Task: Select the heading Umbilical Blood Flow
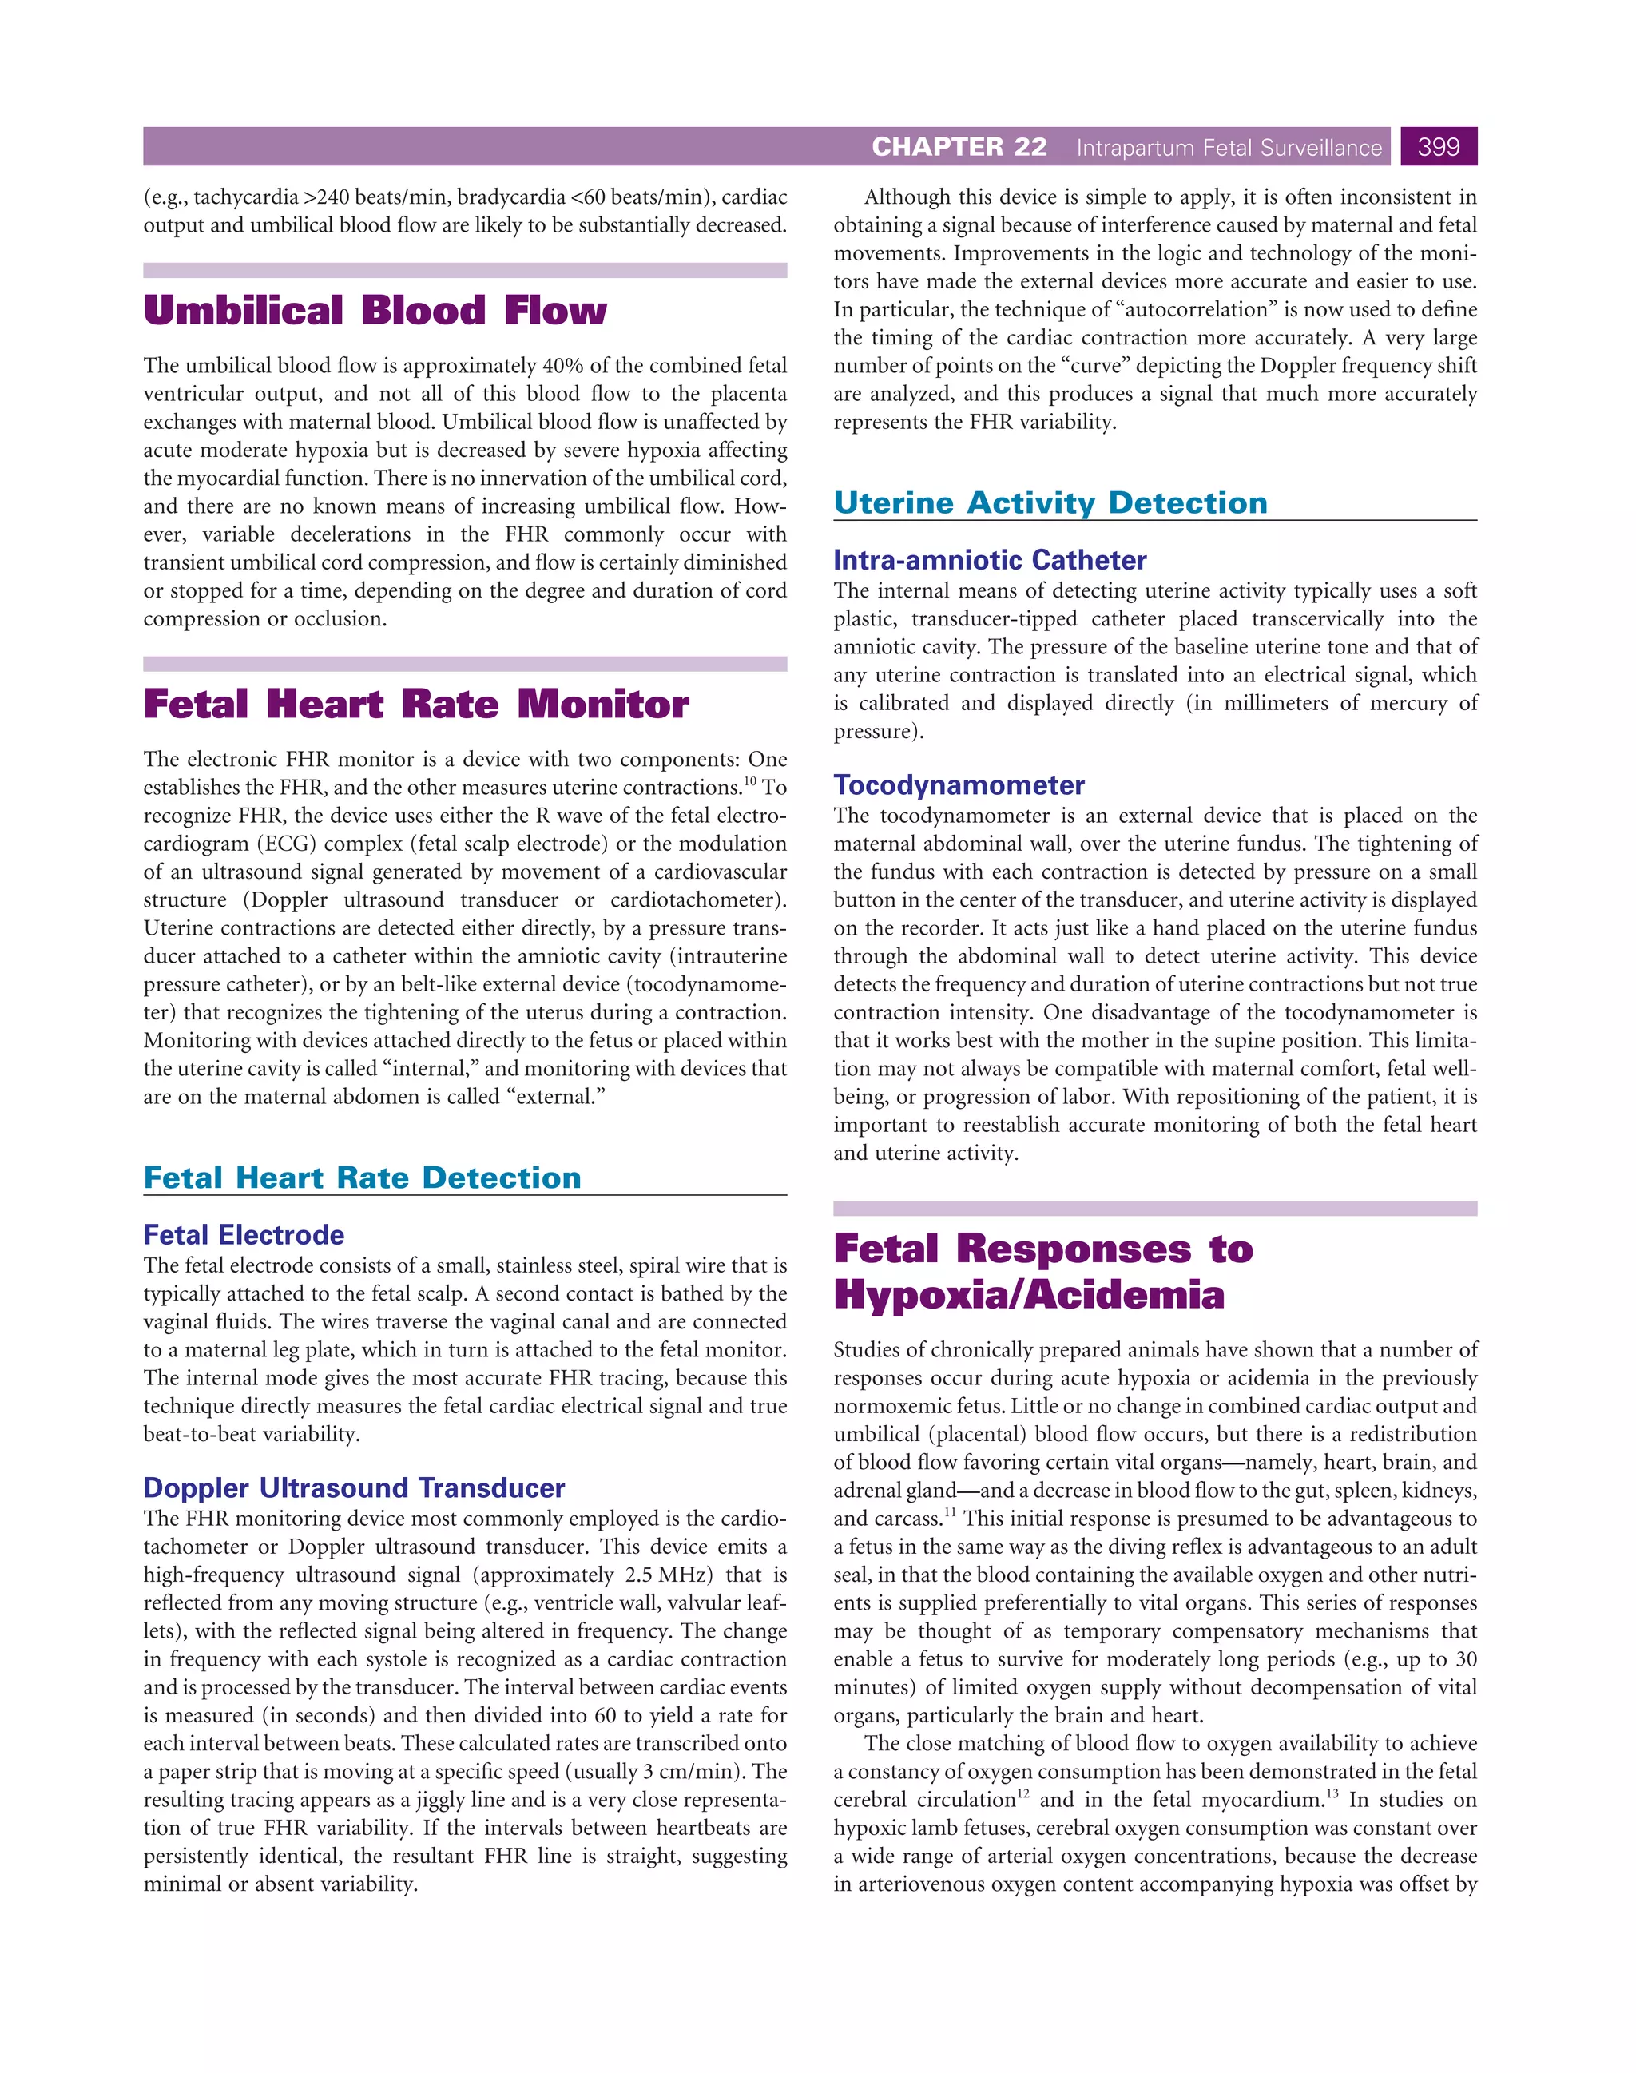pos(375,312)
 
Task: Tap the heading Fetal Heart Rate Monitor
pos(415,705)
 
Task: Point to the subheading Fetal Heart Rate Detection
pos(362,1177)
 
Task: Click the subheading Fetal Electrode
pos(244,1234)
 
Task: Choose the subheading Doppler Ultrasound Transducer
pos(353,1487)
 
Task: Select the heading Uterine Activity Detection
pos(1050,503)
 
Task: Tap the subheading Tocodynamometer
pos(959,784)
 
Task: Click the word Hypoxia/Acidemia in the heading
pos(1029,1295)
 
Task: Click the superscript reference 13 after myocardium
pos(1332,1793)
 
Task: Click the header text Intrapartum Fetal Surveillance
pos(1229,148)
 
